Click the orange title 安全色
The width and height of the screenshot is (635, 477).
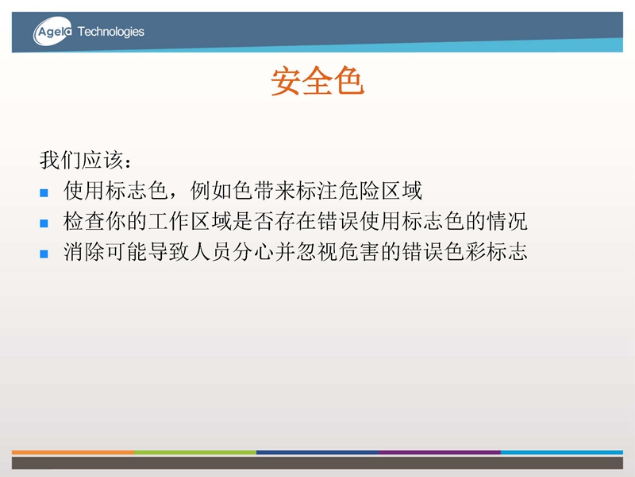point(317,81)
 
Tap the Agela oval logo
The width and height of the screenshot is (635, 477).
point(52,31)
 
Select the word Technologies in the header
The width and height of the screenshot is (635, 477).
point(111,32)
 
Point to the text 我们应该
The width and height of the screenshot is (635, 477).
point(81,160)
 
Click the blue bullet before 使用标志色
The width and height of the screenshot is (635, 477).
point(44,192)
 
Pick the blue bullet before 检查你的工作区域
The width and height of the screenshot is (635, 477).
point(44,223)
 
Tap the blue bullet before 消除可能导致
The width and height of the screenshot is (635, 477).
point(44,254)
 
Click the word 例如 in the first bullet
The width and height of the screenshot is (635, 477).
point(211,190)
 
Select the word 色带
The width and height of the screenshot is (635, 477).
point(253,190)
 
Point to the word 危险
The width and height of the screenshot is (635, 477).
point(359,190)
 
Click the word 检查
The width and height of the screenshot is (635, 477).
point(84,221)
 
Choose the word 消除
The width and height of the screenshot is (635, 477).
point(84,251)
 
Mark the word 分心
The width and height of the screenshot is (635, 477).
point(253,251)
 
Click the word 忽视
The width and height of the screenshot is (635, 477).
point(317,251)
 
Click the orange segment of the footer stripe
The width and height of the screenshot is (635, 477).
point(73,452)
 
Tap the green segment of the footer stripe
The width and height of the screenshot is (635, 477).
point(195,452)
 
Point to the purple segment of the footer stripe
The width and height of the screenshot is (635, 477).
point(440,452)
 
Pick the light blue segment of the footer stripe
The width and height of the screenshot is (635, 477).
point(562,452)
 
